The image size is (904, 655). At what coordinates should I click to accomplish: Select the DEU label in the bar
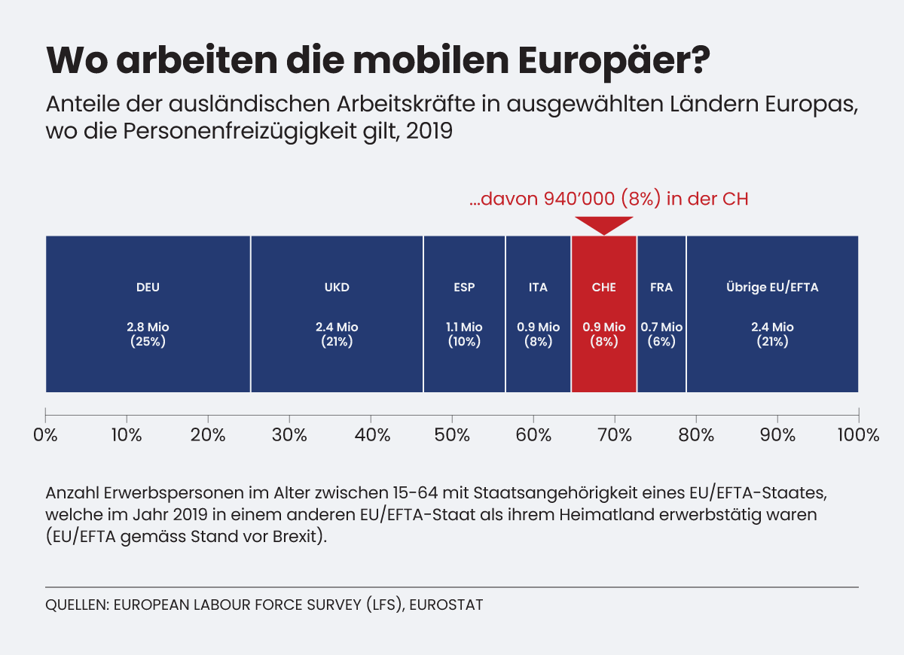click(x=148, y=288)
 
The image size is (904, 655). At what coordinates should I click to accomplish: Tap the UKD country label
click(x=337, y=288)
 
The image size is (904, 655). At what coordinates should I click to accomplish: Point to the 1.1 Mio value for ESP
click(x=464, y=327)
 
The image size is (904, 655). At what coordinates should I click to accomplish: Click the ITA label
click(x=538, y=288)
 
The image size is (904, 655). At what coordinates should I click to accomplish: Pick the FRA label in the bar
click(x=661, y=288)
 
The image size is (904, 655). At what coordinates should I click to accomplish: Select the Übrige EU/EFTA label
click(x=772, y=288)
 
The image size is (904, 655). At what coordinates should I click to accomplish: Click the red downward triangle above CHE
click(x=603, y=224)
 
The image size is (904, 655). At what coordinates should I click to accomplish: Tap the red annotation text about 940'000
click(x=608, y=200)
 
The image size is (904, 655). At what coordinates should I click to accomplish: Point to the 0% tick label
click(x=46, y=435)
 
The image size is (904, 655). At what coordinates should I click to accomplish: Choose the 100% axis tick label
click(x=858, y=435)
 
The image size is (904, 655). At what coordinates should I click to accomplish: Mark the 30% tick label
click(x=289, y=435)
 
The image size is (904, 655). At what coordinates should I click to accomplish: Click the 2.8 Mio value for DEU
click(x=148, y=327)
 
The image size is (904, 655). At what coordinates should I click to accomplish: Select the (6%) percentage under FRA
click(x=661, y=341)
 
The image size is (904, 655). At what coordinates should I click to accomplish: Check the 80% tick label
click(x=696, y=435)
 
